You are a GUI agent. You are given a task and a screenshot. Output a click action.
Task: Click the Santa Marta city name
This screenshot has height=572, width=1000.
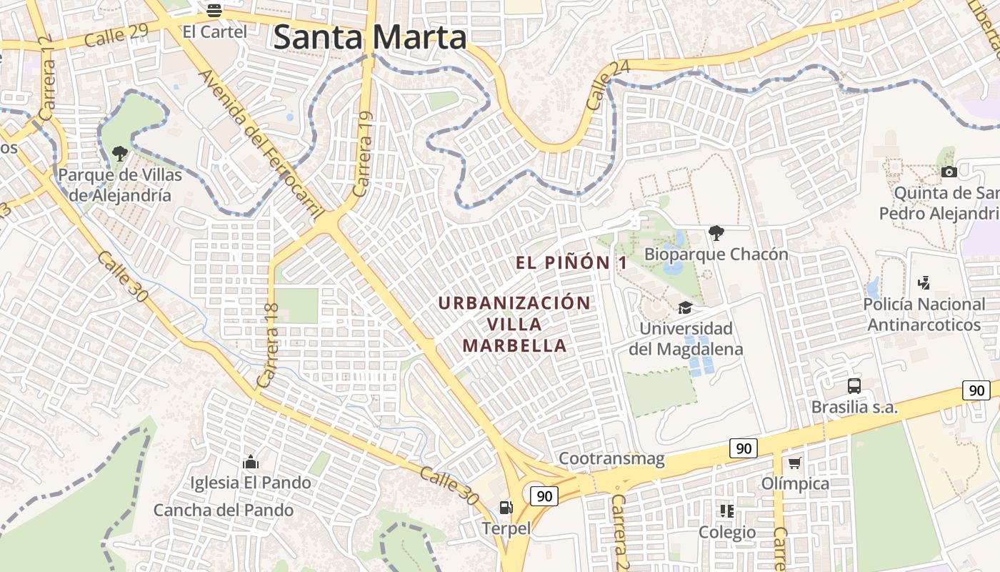pyautogui.click(x=370, y=37)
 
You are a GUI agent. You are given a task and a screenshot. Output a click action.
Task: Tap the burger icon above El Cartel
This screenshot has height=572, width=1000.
pyautogui.click(x=214, y=11)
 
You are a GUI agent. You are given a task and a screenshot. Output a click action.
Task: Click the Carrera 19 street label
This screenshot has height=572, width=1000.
pyautogui.click(x=364, y=154)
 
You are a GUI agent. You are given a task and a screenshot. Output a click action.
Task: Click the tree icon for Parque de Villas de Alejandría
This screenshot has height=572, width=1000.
pyautogui.click(x=120, y=153)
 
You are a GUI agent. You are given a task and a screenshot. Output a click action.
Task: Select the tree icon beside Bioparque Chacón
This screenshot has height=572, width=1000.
pyautogui.click(x=716, y=232)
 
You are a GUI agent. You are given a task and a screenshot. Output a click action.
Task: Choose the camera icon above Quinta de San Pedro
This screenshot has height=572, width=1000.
pyautogui.click(x=949, y=172)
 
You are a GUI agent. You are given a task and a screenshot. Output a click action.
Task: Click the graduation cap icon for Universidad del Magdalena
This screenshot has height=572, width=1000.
pyautogui.click(x=686, y=307)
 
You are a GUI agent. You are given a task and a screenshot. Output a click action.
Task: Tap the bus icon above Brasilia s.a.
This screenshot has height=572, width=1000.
pyautogui.click(x=854, y=386)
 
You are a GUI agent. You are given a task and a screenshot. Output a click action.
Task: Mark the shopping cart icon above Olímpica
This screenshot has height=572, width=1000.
pyautogui.click(x=795, y=463)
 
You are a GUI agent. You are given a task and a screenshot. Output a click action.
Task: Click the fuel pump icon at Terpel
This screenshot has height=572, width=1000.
pyautogui.click(x=506, y=508)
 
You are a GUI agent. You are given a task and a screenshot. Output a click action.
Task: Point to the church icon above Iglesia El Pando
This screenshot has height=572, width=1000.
pyautogui.click(x=250, y=462)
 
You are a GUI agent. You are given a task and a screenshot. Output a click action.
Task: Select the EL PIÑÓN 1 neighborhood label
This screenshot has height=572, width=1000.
pyautogui.click(x=571, y=263)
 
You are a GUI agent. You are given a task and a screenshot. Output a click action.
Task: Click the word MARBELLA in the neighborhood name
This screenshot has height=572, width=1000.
pyautogui.click(x=514, y=346)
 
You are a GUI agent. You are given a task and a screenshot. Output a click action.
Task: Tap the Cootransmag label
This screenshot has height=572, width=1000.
pyautogui.click(x=611, y=458)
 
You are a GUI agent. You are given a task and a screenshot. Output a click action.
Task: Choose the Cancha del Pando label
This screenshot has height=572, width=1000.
pyautogui.click(x=224, y=511)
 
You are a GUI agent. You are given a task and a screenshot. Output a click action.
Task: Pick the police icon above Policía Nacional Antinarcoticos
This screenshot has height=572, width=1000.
pyautogui.click(x=924, y=283)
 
